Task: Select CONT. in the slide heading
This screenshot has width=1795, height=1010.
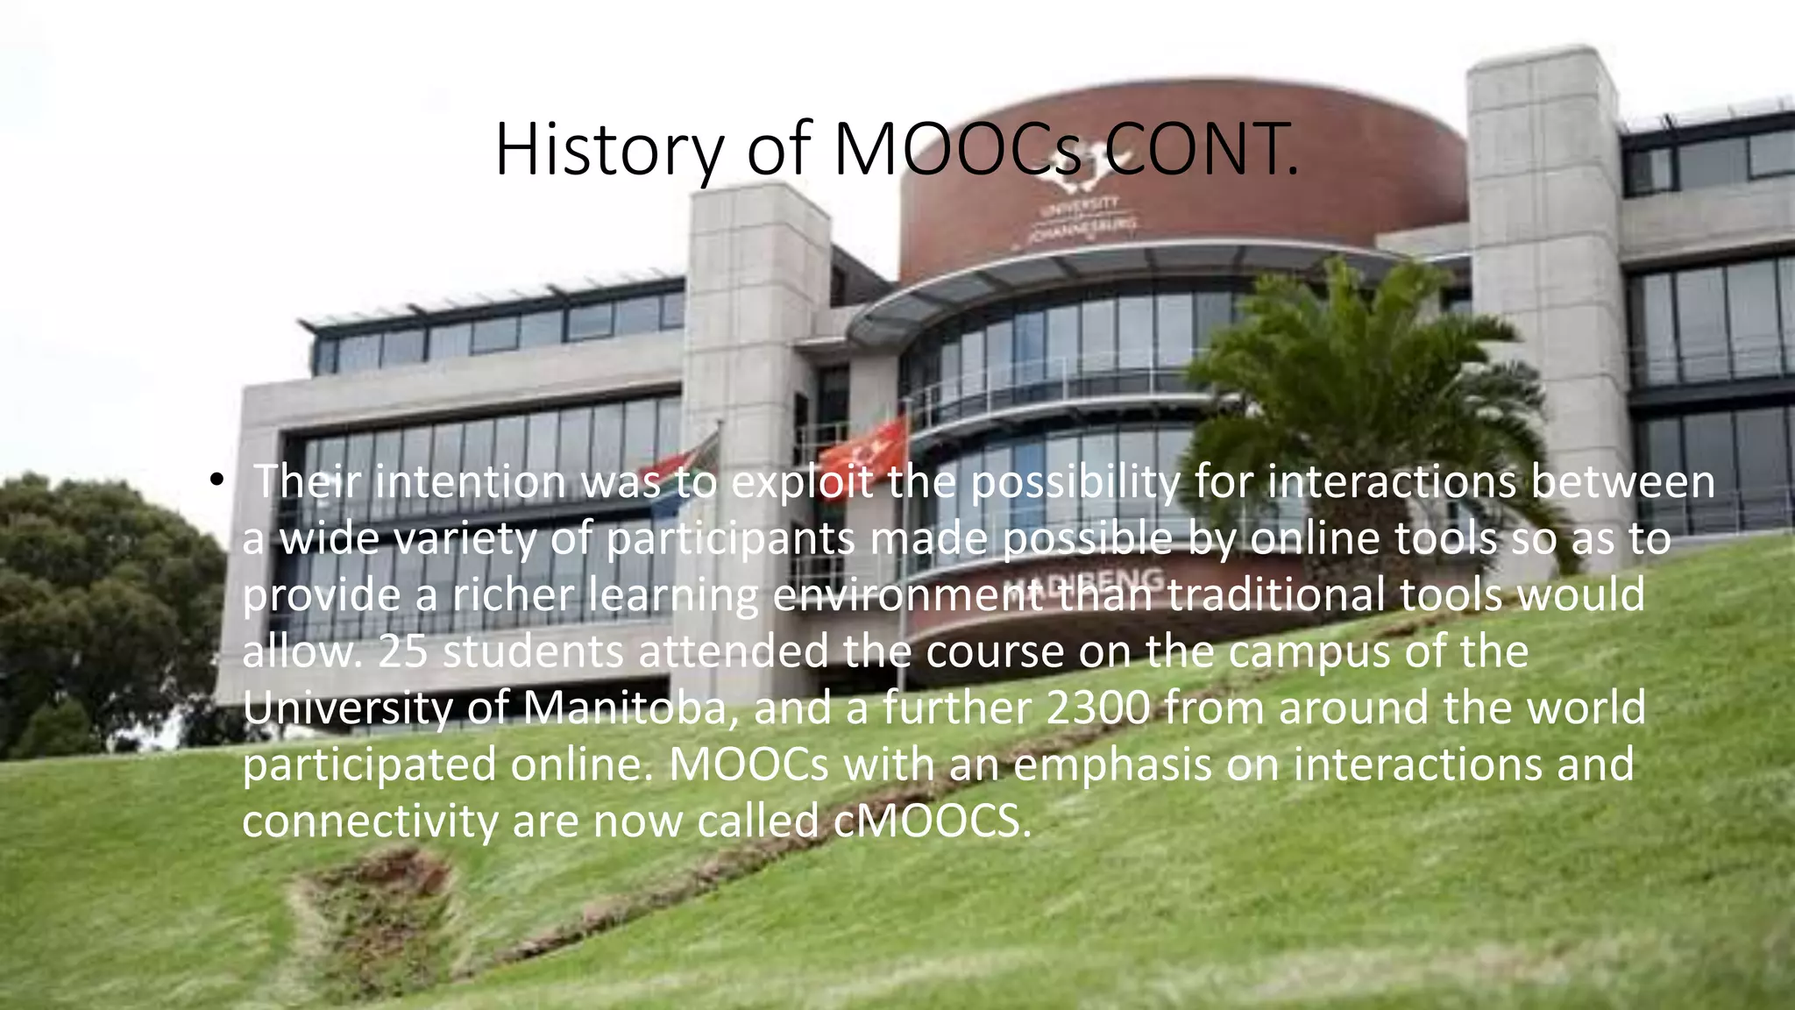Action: click(x=1201, y=151)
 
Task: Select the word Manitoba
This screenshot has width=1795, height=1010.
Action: click(x=625, y=708)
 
